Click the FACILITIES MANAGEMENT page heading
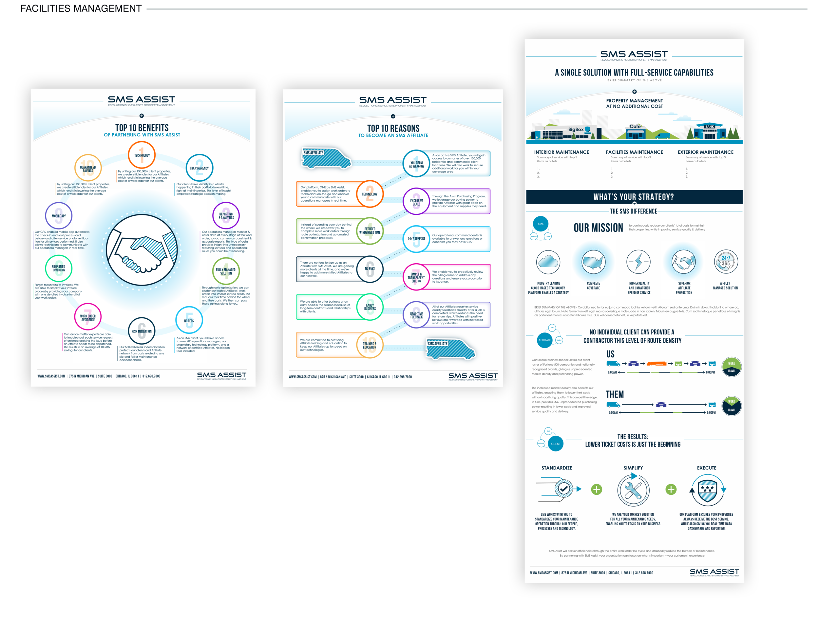(x=81, y=9)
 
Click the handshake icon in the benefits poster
(x=142, y=250)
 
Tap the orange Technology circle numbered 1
(x=142, y=155)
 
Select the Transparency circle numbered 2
(x=199, y=168)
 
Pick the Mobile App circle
(x=59, y=216)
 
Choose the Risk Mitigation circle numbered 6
(x=142, y=331)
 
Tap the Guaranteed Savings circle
(x=88, y=168)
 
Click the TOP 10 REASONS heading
(x=393, y=129)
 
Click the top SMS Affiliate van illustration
(x=326, y=159)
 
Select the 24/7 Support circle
(x=416, y=239)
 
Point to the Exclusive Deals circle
(x=416, y=202)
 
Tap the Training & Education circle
(x=370, y=345)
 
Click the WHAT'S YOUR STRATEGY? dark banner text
(x=634, y=197)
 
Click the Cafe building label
(x=635, y=126)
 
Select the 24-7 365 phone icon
(x=725, y=261)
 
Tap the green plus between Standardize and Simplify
(x=597, y=490)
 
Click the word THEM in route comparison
(x=615, y=394)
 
